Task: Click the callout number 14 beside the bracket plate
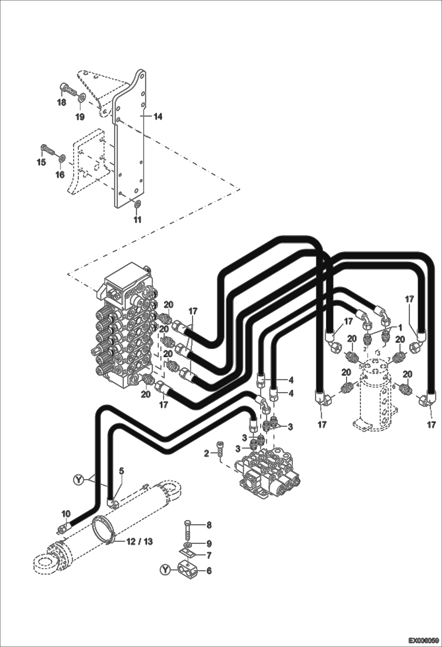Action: pos(158,117)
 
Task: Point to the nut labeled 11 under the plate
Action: pos(137,204)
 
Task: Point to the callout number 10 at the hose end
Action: pos(66,514)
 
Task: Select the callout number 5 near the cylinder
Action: pos(122,471)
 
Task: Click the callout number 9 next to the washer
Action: pos(209,543)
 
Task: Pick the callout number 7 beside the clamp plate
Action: pos(209,555)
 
